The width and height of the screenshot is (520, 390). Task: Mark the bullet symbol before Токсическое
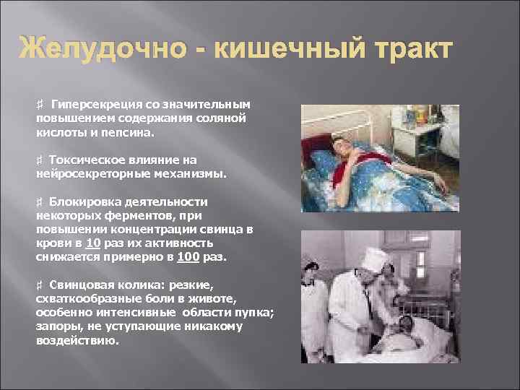coord(40,160)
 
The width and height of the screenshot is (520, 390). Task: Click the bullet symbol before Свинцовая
coord(40,285)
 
